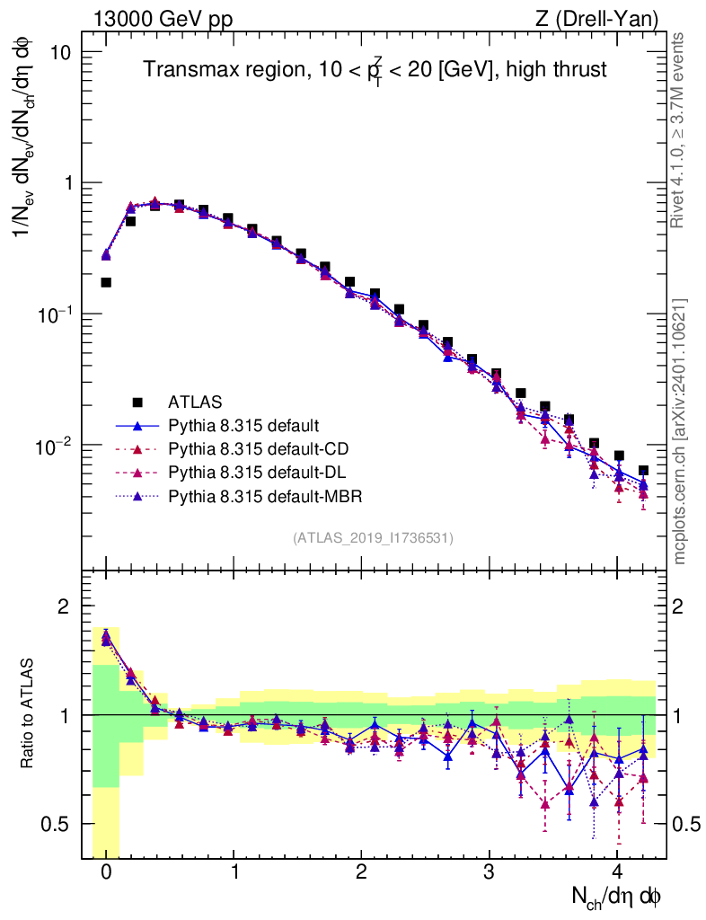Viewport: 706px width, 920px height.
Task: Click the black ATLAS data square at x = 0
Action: pyautogui.click(x=106, y=282)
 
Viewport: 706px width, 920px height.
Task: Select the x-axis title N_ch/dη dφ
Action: pyautogui.click(x=617, y=896)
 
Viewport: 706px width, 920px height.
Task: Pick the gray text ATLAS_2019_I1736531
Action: pyautogui.click(x=373, y=538)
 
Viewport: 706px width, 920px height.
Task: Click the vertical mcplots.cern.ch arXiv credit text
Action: pyautogui.click(x=680, y=431)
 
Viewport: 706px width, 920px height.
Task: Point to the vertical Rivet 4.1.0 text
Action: pyautogui.click(x=680, y=130)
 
